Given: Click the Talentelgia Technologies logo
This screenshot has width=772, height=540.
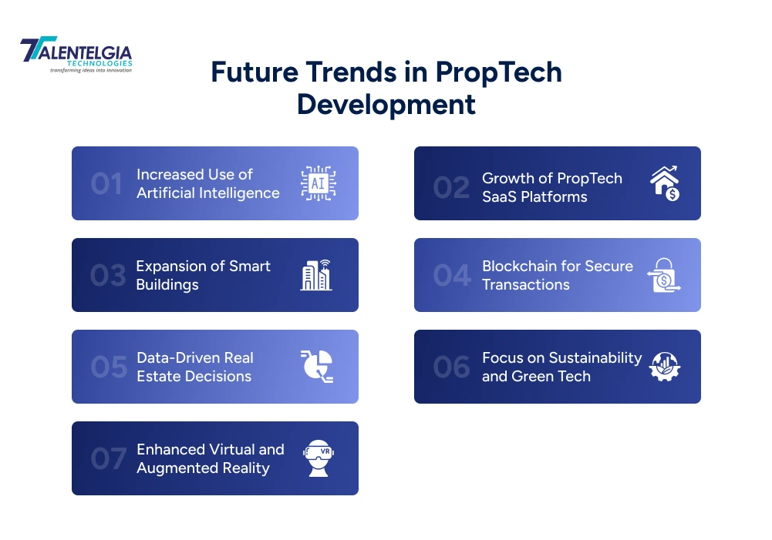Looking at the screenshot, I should pos(76,55).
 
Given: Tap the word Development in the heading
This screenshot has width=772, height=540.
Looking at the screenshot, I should pos(386,104).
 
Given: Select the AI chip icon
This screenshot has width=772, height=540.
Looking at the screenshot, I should pos(318,183).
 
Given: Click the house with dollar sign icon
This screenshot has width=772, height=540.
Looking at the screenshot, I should pos(664,183).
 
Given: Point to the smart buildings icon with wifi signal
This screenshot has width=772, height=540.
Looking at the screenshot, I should pos(316,275).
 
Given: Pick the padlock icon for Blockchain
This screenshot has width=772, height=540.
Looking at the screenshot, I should pos(663,275).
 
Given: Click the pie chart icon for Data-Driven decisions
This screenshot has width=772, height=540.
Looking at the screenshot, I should pos(316,367).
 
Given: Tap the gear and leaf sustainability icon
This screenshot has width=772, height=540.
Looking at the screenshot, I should pos(663,367).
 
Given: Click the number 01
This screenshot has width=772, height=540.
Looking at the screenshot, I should pos(106,184).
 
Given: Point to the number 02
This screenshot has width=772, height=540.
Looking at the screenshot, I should pos(451,187).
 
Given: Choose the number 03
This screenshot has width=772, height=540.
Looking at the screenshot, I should pos(107,276).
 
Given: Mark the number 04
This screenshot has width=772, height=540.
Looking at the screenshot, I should pos(451,276).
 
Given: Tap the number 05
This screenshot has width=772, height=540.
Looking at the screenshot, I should pos(108,367).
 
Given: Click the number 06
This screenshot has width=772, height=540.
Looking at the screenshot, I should pos(451,367).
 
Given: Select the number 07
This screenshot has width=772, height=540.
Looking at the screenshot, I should pos(108,459).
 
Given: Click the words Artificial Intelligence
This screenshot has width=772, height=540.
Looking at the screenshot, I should pos(207,193).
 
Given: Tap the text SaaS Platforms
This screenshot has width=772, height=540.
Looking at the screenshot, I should pos(534,196).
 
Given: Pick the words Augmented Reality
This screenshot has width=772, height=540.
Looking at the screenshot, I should pos(203,468).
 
